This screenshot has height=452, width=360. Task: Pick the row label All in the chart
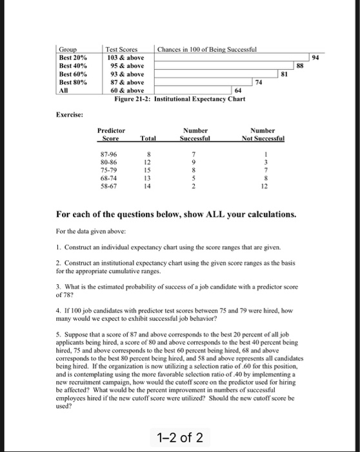click(x=64, y=90)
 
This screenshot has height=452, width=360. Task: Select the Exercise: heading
click(x=69, y=115)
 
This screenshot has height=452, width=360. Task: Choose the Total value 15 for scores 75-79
click(x=149, y=169)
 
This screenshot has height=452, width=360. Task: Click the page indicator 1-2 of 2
click(x=179, y=438)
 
